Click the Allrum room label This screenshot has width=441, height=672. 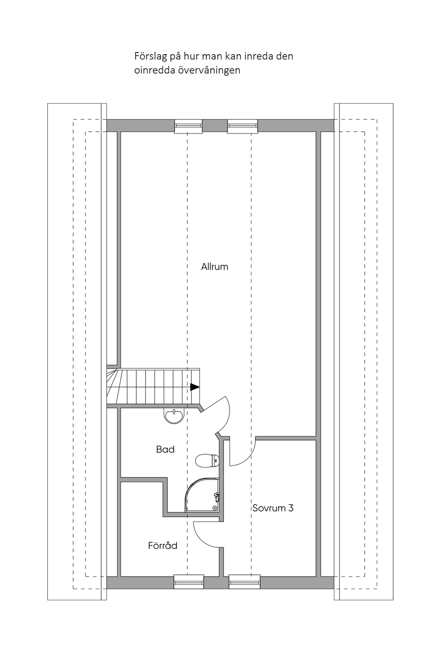pos(214,267)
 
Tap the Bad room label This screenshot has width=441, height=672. pos(165,450)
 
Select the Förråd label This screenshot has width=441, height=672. pos(162,546)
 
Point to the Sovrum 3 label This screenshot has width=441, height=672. pos(273,508)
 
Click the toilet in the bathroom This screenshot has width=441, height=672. pos(207,461)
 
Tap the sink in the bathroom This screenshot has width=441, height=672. pos(174,416)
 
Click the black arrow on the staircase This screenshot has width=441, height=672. pos(195,387)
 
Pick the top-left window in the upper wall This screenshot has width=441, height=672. pos(188,126)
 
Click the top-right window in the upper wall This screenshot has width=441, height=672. pos(242,126)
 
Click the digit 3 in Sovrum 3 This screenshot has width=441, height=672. pos(291,508)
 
